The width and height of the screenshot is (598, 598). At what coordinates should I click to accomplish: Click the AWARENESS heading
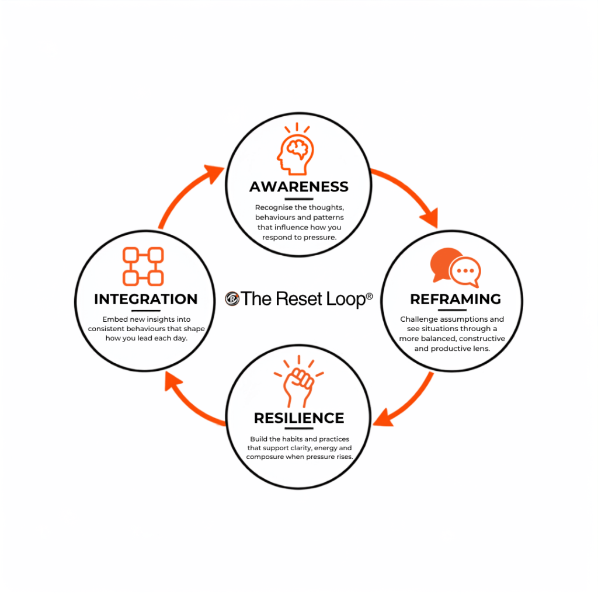tap(299, 186)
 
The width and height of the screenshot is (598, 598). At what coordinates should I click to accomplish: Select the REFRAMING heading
tap(456, 299)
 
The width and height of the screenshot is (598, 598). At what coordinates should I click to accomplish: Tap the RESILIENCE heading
tap(299, 418)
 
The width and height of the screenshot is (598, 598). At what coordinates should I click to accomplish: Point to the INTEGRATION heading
tap(145, 299)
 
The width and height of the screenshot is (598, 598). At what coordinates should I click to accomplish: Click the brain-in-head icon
tap(296, 149)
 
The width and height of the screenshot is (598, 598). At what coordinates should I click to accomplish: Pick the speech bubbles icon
tap(456, 267)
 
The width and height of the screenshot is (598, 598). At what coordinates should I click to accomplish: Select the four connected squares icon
tap(143, 266)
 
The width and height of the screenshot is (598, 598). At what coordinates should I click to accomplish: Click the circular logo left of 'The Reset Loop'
tap(232, 298)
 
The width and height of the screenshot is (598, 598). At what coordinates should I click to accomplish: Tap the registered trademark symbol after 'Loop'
tap(369, 296)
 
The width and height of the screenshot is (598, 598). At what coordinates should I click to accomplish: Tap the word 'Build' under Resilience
tap(258, 439)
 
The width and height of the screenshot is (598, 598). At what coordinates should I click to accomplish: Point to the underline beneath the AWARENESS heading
tap(299, 199)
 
